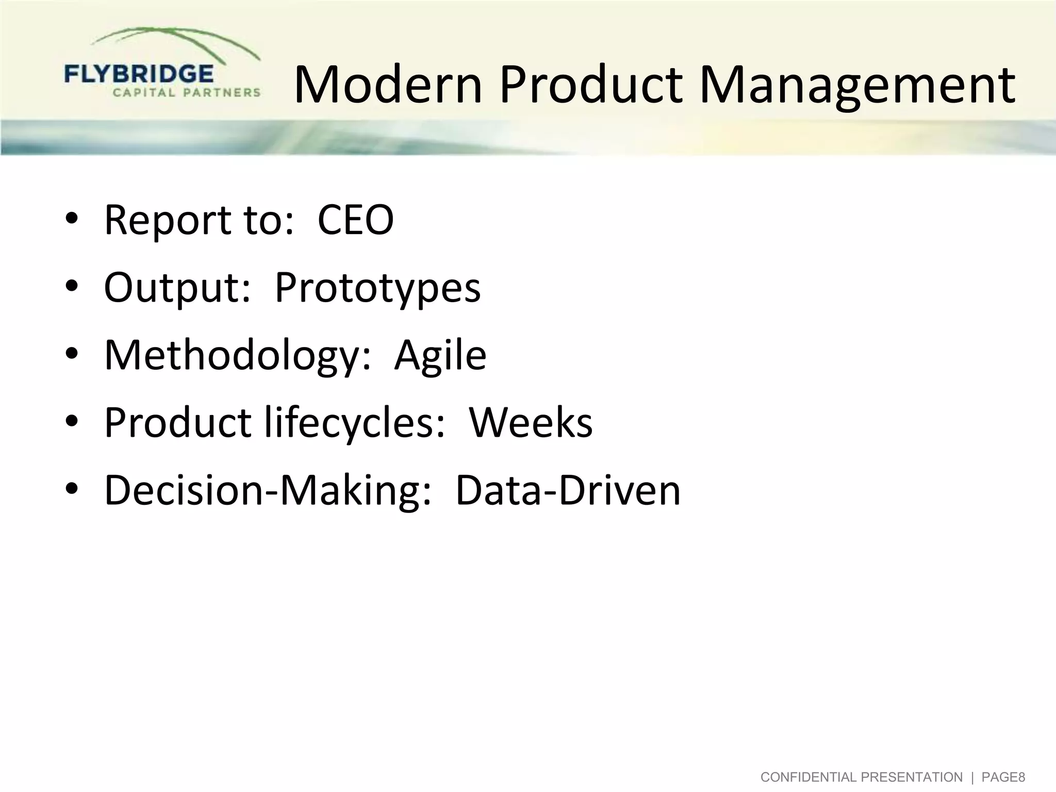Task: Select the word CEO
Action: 355,220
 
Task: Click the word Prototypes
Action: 377,288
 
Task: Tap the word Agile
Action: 440,355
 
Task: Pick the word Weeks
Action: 531,423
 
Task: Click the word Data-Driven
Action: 568,490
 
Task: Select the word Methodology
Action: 232,355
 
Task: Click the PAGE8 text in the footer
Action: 1003,777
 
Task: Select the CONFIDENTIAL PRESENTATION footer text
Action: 861,777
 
